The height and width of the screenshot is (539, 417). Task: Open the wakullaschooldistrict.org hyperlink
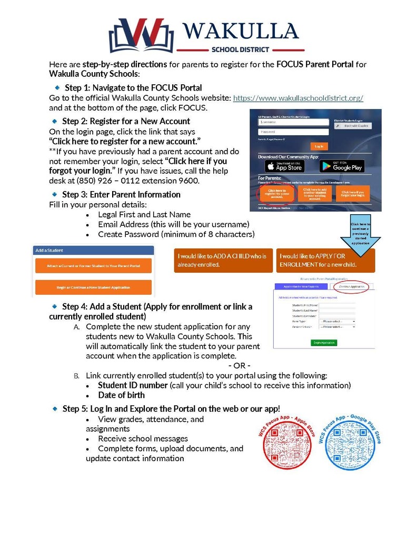298,98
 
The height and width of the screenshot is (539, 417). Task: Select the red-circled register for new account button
277,194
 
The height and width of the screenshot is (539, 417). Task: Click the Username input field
285,122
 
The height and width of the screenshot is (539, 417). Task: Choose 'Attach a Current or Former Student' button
93,266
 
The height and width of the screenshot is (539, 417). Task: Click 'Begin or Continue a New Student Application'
93,287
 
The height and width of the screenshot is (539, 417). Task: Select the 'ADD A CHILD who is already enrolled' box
223,260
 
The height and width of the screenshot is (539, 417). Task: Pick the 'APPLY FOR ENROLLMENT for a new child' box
325,260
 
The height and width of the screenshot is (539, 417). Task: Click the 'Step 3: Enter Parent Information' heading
121,194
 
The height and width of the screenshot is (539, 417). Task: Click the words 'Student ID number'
133,385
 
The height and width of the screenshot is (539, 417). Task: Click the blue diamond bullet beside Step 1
56,87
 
